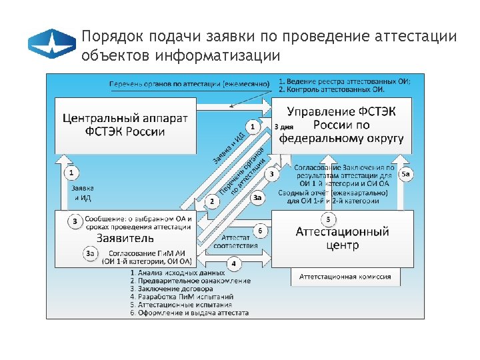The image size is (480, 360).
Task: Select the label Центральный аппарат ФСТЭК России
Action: click(x=125, y=124)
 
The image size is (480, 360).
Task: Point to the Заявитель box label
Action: click(x=125, y=237)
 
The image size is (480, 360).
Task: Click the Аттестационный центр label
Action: click(x=342, y=238)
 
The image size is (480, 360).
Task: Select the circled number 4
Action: click(x=233, y=264)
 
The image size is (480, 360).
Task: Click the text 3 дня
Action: click(x=283, y=125)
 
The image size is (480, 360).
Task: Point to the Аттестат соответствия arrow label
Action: click(x=235, y=241)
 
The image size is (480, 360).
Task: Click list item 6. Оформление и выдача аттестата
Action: click(x=189, y=313)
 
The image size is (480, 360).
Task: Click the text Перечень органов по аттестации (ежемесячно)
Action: click(x=189, y=85)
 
